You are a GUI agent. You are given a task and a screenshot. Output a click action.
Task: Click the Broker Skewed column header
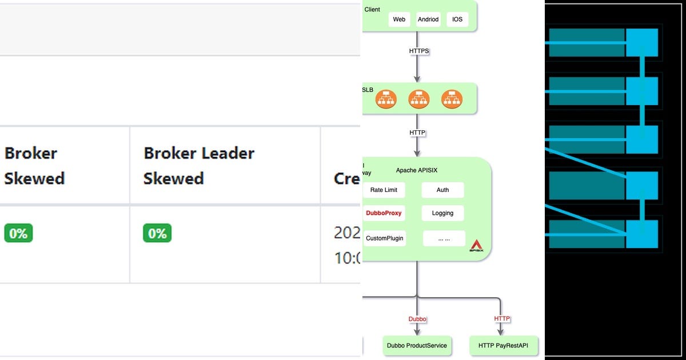[34, 166]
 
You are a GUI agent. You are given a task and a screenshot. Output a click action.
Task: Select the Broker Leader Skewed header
[198, 166]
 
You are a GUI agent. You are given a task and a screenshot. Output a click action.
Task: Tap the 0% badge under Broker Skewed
[18, 233]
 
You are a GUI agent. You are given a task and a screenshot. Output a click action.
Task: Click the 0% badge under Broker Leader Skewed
[157, 233]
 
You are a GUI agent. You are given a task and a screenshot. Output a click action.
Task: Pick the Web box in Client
[399, 19]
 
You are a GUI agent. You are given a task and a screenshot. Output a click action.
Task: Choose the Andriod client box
[428, 19]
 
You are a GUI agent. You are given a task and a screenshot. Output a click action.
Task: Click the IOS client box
[457, 19]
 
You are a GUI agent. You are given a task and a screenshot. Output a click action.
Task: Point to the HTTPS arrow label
[419, 51]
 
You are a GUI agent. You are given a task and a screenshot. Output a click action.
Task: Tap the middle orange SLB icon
[419, 99]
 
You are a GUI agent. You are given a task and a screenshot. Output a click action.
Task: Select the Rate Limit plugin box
[384, 190]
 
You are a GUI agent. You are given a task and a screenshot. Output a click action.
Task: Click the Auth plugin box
[442, 190]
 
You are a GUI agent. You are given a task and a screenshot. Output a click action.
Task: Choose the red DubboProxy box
[384, 213]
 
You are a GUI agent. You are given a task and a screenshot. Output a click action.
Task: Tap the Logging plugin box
[442, 213]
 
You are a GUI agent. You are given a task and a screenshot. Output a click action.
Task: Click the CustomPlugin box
[385, 238]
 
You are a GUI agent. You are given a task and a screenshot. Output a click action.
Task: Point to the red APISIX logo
[476, 246]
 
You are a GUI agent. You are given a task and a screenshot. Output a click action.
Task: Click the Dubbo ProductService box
[417, 346]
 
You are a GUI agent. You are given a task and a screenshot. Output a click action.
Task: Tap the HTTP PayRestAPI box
[504, 346]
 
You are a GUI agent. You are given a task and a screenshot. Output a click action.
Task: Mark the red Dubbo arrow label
[417, 319]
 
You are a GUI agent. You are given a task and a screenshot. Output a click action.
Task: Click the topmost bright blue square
[642, 43]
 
